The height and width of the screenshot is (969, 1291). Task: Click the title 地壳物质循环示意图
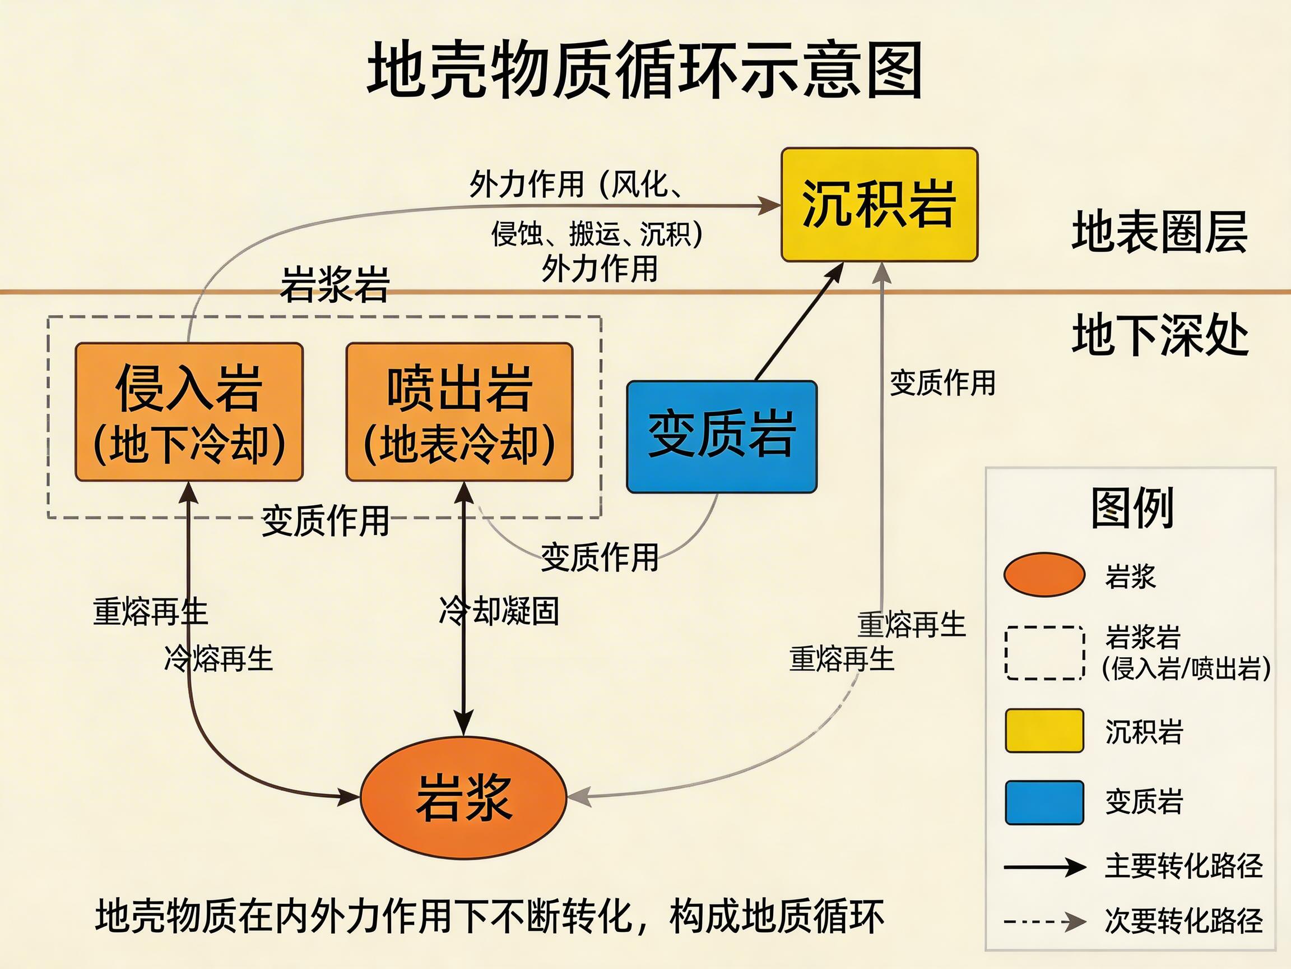(x=644, y=70)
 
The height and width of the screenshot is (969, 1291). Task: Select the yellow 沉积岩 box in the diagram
(x=879, y=205)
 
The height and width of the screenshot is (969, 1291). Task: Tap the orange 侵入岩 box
(x=188, y=412)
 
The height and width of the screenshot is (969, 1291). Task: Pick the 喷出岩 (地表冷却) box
(x=459, y=412)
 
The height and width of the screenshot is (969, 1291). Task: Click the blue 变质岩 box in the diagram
(x=721, y=436)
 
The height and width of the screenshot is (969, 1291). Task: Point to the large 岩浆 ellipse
(x=463, y=797)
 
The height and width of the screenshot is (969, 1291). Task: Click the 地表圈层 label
(x=1159, y=232)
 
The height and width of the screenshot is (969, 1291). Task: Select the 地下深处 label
(x=1159, y=335)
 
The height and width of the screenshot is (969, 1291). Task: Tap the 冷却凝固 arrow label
(x=499, y=611)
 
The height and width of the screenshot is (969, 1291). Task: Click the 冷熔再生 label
(x=219, y=658)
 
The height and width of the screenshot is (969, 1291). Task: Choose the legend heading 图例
(x=1132, y=507)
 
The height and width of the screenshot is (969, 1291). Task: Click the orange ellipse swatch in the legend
(x=1044, y=575)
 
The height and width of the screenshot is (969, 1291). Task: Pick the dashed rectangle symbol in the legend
(x=1044, y=653)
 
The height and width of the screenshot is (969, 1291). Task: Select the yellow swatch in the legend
(x=1044, y=730)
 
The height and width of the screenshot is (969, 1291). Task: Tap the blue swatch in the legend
(x=1044, y=802)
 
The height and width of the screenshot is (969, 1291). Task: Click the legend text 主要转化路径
(x=1183, y=866)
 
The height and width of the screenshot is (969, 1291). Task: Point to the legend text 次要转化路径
(x=1183, y=921)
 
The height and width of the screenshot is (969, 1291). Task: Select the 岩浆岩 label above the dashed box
(x=335, y=284)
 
